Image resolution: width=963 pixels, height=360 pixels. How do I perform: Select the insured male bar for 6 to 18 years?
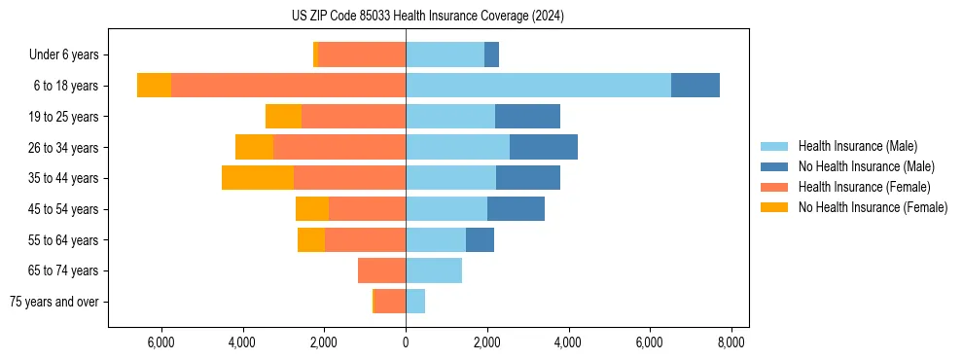click(538, 86)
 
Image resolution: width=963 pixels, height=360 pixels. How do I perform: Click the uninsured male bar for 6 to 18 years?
click(695, 86)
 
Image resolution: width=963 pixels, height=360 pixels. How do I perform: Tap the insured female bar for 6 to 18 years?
click(288, 86)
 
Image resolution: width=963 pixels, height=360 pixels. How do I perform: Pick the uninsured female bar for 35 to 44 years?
click(258, 178)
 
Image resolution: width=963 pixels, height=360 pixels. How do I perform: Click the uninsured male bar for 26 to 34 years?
click(544, 147)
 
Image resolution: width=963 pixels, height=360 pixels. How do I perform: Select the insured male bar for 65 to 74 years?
click(434, 270)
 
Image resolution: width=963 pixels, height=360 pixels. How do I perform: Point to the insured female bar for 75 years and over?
click(390, 302)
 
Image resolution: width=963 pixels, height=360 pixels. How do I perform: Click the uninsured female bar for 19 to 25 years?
click(283, 117)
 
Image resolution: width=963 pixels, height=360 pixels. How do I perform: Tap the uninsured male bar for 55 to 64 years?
click(480, 239)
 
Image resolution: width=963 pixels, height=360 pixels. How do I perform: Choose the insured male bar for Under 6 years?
click(445, 54)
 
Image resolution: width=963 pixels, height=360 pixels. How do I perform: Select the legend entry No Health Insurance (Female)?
click(872, 207)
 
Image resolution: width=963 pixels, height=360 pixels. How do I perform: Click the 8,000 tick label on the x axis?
click(731, 342)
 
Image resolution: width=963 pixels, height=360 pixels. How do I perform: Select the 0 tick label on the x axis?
click(406, 342)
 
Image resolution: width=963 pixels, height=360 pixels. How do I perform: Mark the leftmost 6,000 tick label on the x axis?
click(160, 342)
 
